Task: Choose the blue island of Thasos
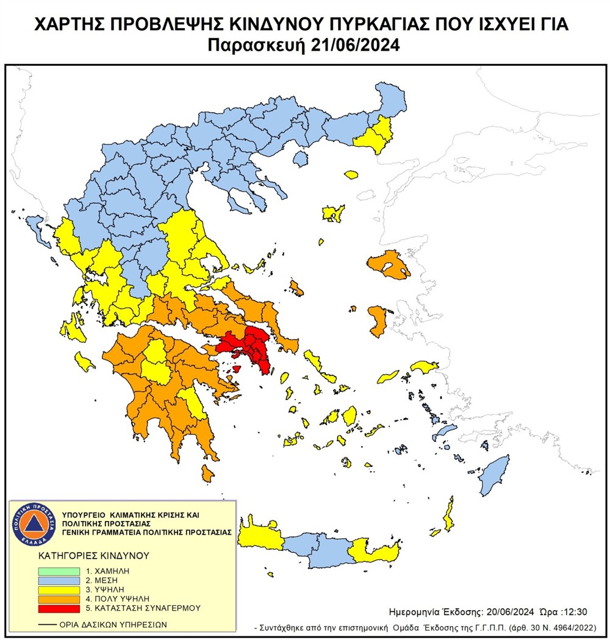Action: point(300,159)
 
